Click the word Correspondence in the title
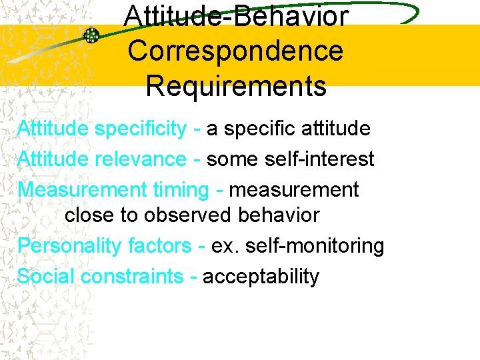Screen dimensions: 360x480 235,51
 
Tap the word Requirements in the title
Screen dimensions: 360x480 235,86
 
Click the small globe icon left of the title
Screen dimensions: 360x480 91,36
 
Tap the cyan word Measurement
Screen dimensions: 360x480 81,190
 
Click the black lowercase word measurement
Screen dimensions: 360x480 293,190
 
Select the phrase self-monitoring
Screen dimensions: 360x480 313,246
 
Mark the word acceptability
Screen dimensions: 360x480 261,276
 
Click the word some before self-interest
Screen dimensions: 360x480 232,159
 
